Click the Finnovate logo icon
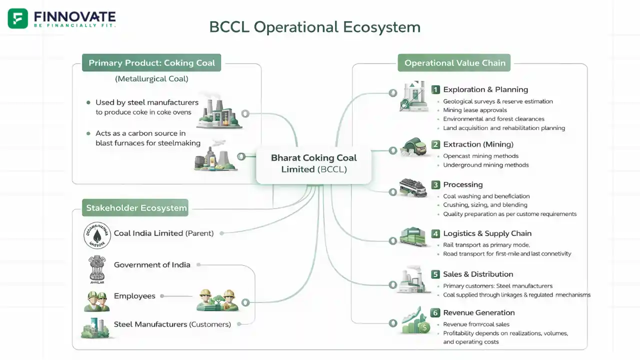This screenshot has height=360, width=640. click(x=18, y=18)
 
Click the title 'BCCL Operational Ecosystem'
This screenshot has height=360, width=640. click(x=314, y=26)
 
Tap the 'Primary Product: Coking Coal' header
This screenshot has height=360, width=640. click(x=151, y=63)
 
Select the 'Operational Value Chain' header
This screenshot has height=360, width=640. click(x=454, y=63)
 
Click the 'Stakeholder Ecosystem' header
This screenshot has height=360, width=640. click(x=136, y=208)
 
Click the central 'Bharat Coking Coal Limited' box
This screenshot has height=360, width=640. click(x=313, y=163)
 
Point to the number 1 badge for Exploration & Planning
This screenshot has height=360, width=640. click(x=435, y=89)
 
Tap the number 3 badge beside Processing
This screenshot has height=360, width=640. click(x=435, y=185)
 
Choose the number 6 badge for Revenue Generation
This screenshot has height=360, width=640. click(x=435, y=313)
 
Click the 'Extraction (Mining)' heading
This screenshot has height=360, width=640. click(x=478, y=144)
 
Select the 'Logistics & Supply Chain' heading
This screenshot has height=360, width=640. click(x=487, y=233)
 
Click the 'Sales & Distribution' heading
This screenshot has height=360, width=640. click(x=478, y=274)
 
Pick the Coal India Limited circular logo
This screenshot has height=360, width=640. click(x=97, y=235)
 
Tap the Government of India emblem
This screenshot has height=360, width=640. click(x=97, y=268)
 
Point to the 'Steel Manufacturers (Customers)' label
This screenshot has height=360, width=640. click(x=172, y=324)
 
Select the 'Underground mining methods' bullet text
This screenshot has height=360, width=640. click(x=485, y=165)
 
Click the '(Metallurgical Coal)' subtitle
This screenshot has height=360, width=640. click(x=151, y=79)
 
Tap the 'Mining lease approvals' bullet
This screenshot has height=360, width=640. click(x=474, y=110)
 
